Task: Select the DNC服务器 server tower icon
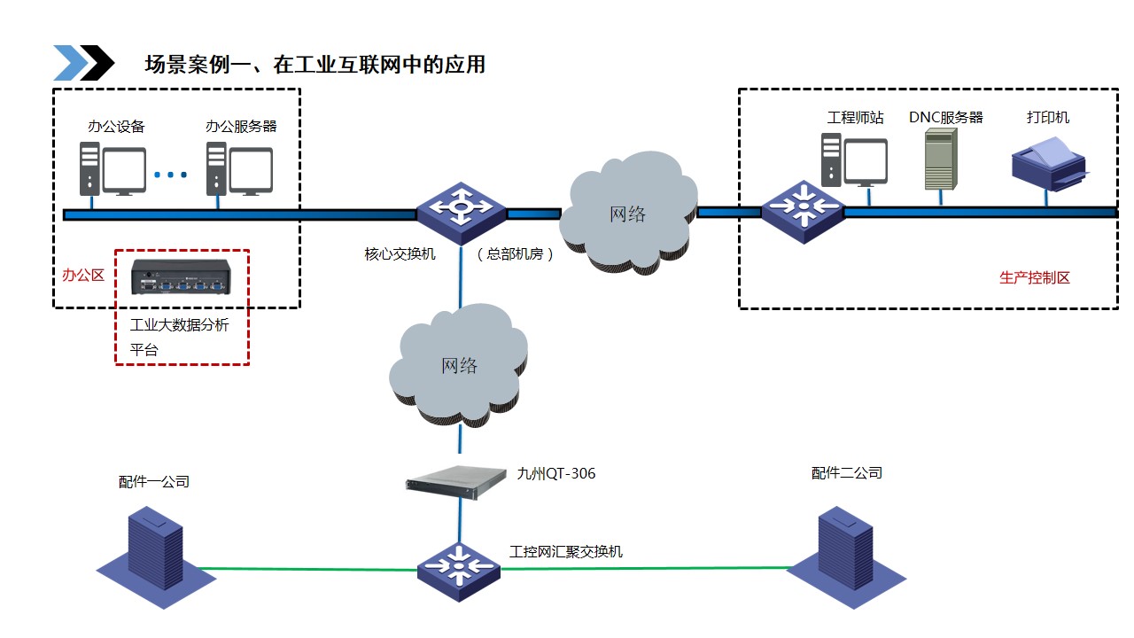tap(940, 159)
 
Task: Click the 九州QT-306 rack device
tap(461, 483)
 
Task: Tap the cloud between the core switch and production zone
tap(629, 213)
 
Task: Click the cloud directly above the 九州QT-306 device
tap(459, 365)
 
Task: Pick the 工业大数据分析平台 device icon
tap(181, 276)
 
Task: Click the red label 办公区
tap(83, 275)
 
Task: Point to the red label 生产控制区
tap(1035, 277)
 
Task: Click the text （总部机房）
tap(516, 254)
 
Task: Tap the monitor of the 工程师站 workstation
tap(865, 162)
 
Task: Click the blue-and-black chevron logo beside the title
tap(83, 63)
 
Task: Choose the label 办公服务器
tap(241, 126)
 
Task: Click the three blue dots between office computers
tap(171, 175)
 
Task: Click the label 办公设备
tap(116, 126)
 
